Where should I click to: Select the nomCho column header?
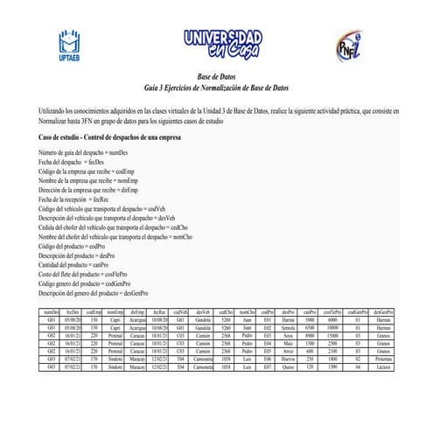click(x=248, y=311)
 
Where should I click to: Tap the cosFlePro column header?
click(x=333, y=311)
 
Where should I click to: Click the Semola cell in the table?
click(x=289, y=326)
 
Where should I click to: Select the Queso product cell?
click(x=289, y=366)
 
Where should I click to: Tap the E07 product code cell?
click(x=269, y=366)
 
